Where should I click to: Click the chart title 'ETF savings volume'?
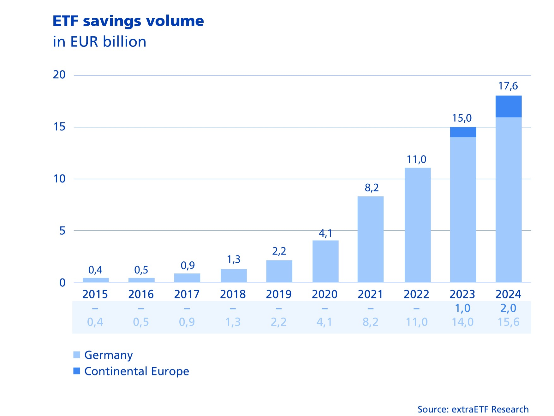tap(128, 21)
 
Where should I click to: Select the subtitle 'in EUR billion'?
tap(99, 42)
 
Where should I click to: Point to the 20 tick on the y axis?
tap(59, 75)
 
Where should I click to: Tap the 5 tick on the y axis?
tap(63, 231)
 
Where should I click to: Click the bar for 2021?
tap(370, 239)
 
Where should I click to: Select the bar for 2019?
tap(279, 271)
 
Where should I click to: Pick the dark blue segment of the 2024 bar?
tap(508, 107)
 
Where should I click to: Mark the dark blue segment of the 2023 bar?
tap(463, 132)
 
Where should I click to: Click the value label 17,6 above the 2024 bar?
tap(508, 86)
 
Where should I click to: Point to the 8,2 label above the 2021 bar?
tap(372, 188)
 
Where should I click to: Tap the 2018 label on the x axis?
tap(233, 294)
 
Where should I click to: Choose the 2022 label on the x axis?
tap(416, 294)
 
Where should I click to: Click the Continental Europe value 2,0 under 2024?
tap(508, 308)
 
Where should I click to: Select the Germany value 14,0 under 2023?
tap(462, 322)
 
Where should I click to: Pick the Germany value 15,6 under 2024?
tap(508, 322)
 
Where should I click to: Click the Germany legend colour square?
tap(77, 355)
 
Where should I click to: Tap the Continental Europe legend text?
tap(137, 371)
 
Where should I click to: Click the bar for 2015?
tap(96, 280)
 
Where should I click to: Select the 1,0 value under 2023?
tap(462, 308)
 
